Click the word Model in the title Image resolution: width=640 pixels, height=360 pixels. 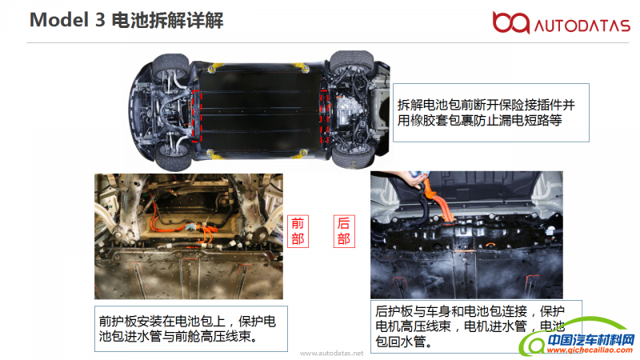click(x=59, y=20)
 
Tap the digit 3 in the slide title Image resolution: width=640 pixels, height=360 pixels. click(x=101, y=20)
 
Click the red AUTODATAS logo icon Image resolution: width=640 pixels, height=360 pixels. click(x=510, y=22)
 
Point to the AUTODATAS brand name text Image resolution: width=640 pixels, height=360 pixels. click(x=582, y=26)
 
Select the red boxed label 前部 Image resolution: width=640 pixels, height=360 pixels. click(x=298, y=231)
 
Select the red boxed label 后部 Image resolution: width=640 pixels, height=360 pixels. click(x=344, y=231)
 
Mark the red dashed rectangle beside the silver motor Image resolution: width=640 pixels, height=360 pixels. click(x=325, y=117)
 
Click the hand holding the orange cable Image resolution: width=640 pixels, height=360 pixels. click(x=410, y=178)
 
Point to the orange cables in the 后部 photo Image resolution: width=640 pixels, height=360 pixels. click(x=438, y=202)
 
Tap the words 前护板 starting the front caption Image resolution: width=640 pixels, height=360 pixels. click(x=118, y=322)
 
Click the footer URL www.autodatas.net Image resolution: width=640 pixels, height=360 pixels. click(x=331, y=353)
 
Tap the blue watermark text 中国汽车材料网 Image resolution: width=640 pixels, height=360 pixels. click(x=591, y=339)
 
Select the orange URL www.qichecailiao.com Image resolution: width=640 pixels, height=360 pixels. click(x=590, y=350)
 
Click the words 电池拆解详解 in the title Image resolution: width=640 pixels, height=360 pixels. click(x=167, y=20)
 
